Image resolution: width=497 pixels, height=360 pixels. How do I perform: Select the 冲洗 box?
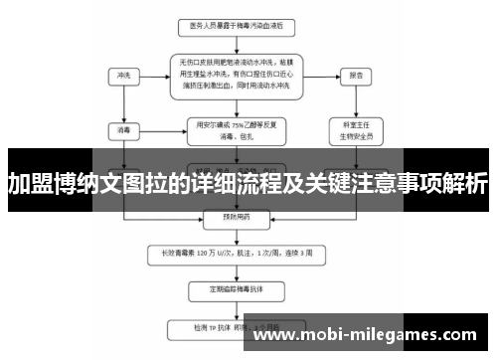[x=122, y=75]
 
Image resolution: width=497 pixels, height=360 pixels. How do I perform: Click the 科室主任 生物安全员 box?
[x=355, y=129]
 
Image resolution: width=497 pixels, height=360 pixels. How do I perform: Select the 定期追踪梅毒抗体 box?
[x=232, y=291]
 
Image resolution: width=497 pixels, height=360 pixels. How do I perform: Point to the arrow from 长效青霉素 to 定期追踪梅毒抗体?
[x=231, y=270]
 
